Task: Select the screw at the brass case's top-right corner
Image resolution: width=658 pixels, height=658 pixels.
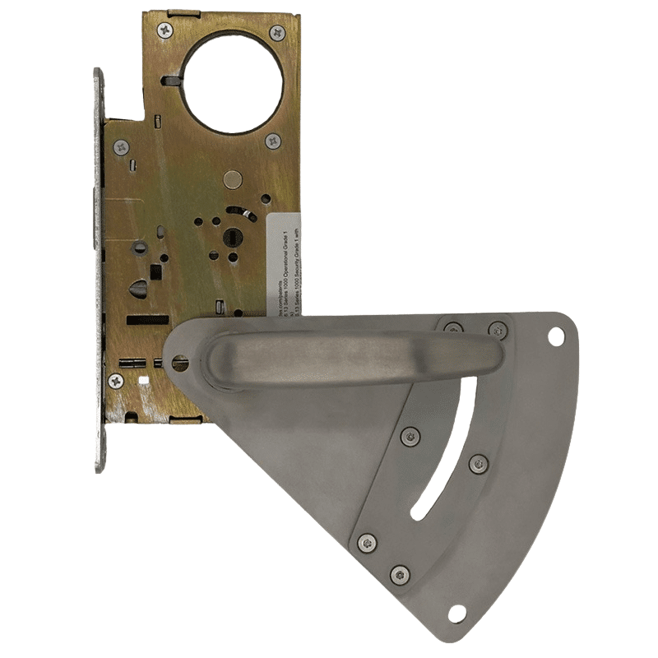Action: (277, 33)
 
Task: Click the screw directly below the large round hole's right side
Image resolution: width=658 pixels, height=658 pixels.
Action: (272, 141)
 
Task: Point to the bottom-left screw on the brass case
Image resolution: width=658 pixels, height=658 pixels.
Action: (116, 381)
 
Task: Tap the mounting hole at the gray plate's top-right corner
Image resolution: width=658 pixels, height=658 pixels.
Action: (556, 335)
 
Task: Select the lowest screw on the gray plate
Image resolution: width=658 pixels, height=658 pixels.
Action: (401, 575)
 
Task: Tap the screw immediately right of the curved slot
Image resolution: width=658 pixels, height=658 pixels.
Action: (478, 465)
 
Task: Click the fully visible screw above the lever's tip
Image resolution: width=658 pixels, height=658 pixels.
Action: (497, 330)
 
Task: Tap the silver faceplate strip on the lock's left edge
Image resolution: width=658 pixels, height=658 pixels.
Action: (99, 271)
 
